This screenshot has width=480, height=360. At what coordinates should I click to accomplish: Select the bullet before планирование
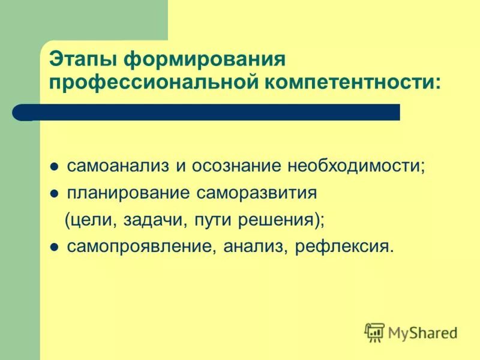[53, 194]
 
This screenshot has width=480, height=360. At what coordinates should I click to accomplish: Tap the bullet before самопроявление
[53, 247]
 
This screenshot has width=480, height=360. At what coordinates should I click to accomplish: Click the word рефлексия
[344, 246]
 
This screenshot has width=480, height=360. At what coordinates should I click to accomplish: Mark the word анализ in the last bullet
[256, 246]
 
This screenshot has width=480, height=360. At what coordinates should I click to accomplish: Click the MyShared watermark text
[423, 331]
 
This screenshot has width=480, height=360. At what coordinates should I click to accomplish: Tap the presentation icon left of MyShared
[374, 331]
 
